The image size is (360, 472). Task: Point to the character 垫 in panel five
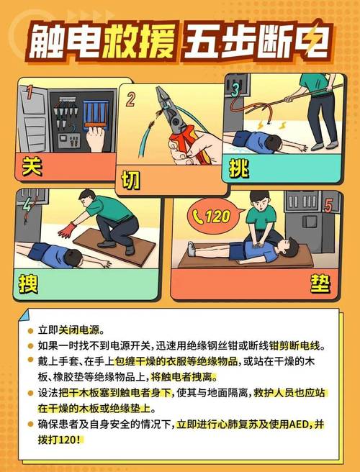[320, 284]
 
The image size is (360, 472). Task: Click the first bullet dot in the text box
[30, 331]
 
